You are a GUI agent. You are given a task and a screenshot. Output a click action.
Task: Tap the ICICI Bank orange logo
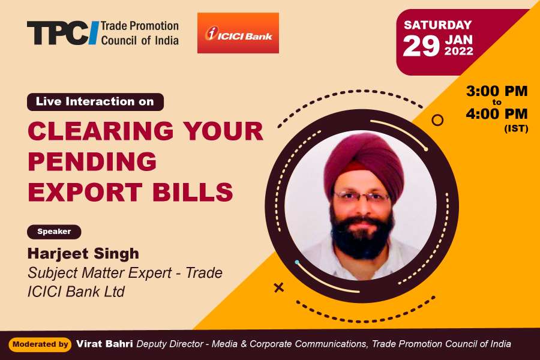tap(238, 33)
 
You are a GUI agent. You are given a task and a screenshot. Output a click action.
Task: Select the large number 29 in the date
tap(421, 46)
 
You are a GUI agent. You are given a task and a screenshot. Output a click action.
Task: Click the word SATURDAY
tap(438, 25)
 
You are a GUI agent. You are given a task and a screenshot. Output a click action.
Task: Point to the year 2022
tap(459, 52)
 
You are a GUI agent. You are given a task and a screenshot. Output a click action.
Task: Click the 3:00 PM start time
tap(497, 91)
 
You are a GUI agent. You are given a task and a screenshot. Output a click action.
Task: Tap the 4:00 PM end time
tap(497, 113)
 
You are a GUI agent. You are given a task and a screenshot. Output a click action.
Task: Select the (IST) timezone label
tap(516, 129)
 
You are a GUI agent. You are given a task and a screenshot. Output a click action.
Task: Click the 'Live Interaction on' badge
tap(95, 101)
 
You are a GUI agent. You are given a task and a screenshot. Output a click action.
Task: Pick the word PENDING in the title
tap(92, 161)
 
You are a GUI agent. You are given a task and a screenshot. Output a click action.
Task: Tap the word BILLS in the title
tap(193, 191)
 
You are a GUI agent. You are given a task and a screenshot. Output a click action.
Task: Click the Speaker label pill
tap(54, 232)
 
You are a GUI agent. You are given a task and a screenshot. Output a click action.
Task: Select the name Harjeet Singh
tap(83, 254)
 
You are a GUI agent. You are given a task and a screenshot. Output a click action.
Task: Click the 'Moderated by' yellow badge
tap(40, 344)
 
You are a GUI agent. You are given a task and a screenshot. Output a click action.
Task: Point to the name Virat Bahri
tap(104, 344)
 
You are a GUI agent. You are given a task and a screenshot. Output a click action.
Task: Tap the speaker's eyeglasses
tap(362, 197)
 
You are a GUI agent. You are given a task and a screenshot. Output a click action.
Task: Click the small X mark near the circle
tap(278, 287)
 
